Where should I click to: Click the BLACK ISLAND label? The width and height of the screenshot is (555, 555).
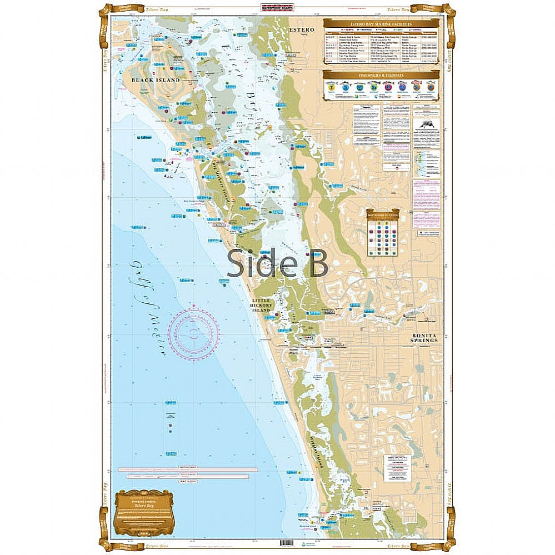(x=156, y=80)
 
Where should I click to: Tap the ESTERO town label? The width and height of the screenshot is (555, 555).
(x=302, y=29)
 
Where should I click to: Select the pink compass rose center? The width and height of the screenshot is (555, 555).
(x=194, y=334)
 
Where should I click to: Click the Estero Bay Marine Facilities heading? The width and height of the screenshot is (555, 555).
(x=381, y=24)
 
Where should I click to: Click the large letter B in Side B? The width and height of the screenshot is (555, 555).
(x=315, y=262)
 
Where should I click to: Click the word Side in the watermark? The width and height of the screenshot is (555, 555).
(x=256, y=262)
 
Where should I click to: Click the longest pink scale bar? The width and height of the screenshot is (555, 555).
(x=188, y=469)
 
